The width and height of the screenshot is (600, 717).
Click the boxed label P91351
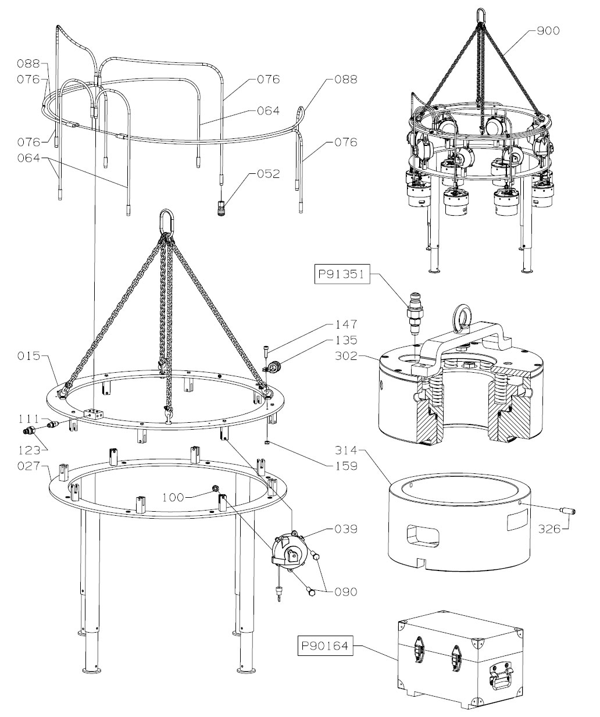341,273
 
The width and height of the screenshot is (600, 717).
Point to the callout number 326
549,530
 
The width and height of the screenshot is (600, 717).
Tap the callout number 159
346,466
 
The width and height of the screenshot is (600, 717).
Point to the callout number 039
346,529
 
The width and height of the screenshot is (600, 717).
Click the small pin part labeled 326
566,511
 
